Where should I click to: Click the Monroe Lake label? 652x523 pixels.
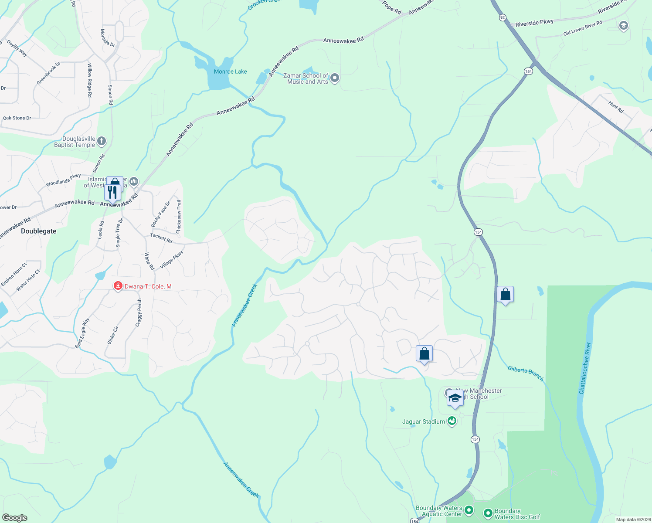coord(230,71)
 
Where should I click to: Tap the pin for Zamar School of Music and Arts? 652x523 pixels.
coord(335,78)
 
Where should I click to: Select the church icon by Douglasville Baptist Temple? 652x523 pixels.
coord(102,141)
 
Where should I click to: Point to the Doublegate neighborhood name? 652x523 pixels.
coord(39,231)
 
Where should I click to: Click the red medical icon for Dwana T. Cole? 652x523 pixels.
coord(118,286)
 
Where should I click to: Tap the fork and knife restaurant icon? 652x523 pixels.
coord(113,192)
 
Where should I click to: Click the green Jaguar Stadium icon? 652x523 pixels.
coord(452,421)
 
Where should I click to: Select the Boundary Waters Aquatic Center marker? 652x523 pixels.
coord(469,510)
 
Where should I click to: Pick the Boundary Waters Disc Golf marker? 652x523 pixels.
coord(488,513)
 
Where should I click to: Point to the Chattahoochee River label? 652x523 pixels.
coord(585,368)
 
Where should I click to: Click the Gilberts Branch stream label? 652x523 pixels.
coord(526,374)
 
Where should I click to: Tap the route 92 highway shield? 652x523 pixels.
coord(503,17)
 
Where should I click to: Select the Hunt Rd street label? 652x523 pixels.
coord(616,107)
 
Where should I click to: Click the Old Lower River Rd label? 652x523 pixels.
coord(583,28)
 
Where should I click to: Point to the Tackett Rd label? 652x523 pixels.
coord(161,238)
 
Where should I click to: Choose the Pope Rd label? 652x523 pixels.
coord(392,7)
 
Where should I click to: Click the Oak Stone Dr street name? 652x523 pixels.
coord(17,118)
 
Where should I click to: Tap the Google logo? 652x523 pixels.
coord(14,517)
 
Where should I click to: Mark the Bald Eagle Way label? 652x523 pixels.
coord(82,333)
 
